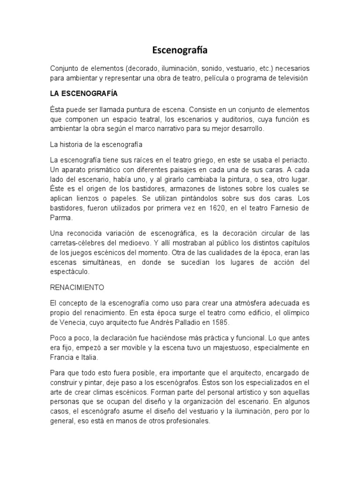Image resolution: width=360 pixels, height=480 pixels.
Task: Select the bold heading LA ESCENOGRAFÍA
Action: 83,93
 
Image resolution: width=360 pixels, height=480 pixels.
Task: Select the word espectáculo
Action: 69,271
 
